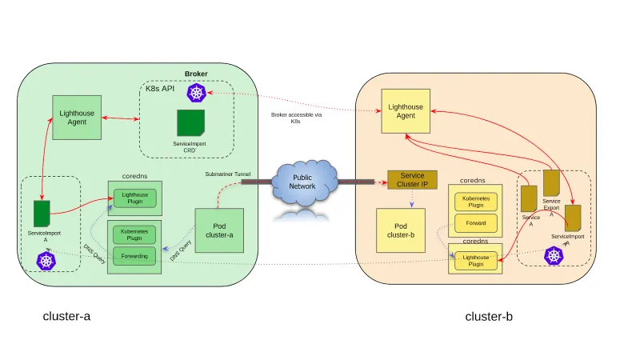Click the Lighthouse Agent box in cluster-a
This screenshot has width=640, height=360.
pos(78,118)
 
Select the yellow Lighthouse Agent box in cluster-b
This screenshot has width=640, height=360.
pos(405,110)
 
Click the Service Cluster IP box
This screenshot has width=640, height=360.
pos(412,179)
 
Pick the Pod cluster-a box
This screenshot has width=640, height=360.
pos(219,230)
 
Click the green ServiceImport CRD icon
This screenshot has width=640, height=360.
pos(190,122)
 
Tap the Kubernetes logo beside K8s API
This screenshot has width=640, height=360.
pos(197,93)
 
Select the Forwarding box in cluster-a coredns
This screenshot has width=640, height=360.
pos(134,257)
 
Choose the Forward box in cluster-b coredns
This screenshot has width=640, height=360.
pos(475,222)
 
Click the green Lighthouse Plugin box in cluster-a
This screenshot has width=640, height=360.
pos(134,198)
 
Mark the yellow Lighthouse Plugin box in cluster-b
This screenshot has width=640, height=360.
pos(475,259)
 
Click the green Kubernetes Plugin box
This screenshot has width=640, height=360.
pos(134,234)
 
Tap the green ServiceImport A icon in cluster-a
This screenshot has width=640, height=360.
pos(42,214)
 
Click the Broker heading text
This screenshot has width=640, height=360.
pos(196,74)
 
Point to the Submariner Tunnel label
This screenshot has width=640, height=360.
pos(228,172)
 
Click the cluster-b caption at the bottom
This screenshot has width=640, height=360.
pos(489,317)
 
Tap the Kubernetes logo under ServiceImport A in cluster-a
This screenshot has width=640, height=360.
pos(46,260)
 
